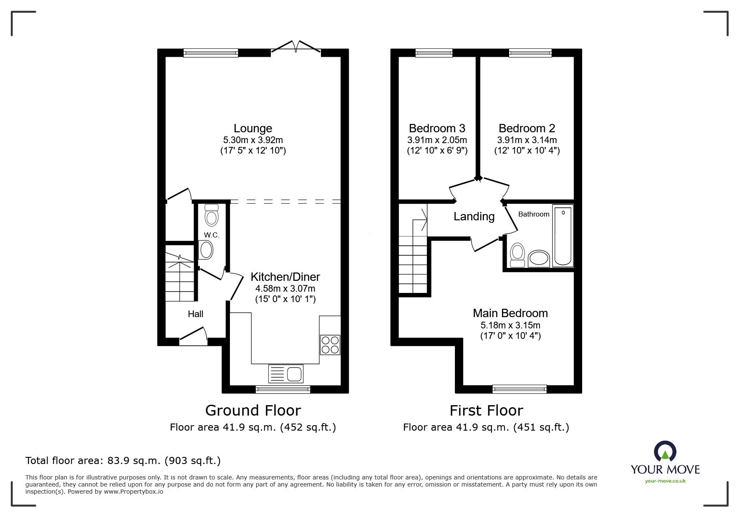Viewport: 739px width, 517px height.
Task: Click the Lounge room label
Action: (x=253, y=129)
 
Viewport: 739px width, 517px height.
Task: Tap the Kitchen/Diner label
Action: (x=285, y=277)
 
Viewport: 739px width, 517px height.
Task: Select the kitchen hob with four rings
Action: (x=330, y=345)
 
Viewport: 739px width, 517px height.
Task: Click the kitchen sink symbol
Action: (x=286, y=373)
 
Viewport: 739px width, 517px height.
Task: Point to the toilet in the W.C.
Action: (x=212, y=215)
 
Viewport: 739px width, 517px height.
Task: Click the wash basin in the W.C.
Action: (x=206, y=250)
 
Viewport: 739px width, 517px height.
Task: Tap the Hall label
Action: (x=195, y=314)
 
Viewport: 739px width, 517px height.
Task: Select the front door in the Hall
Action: (x=193, y=336)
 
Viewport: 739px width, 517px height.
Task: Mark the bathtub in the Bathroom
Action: (x=563, y=236)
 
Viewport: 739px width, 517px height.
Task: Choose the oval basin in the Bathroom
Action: (x=539, y=259)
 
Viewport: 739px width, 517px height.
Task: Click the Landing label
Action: (x=474, y=217)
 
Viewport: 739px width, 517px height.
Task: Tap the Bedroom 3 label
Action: (x=437, y=128)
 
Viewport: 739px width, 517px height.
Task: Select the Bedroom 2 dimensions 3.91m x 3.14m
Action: (x=527, y=140)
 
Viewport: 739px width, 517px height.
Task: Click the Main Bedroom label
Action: (x=510, y=313)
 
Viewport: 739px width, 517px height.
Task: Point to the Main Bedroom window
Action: (x=520, y=389)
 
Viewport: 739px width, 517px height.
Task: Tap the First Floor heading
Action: (x=486, y=411)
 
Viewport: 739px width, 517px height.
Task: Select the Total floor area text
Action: (x=123, y=461)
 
